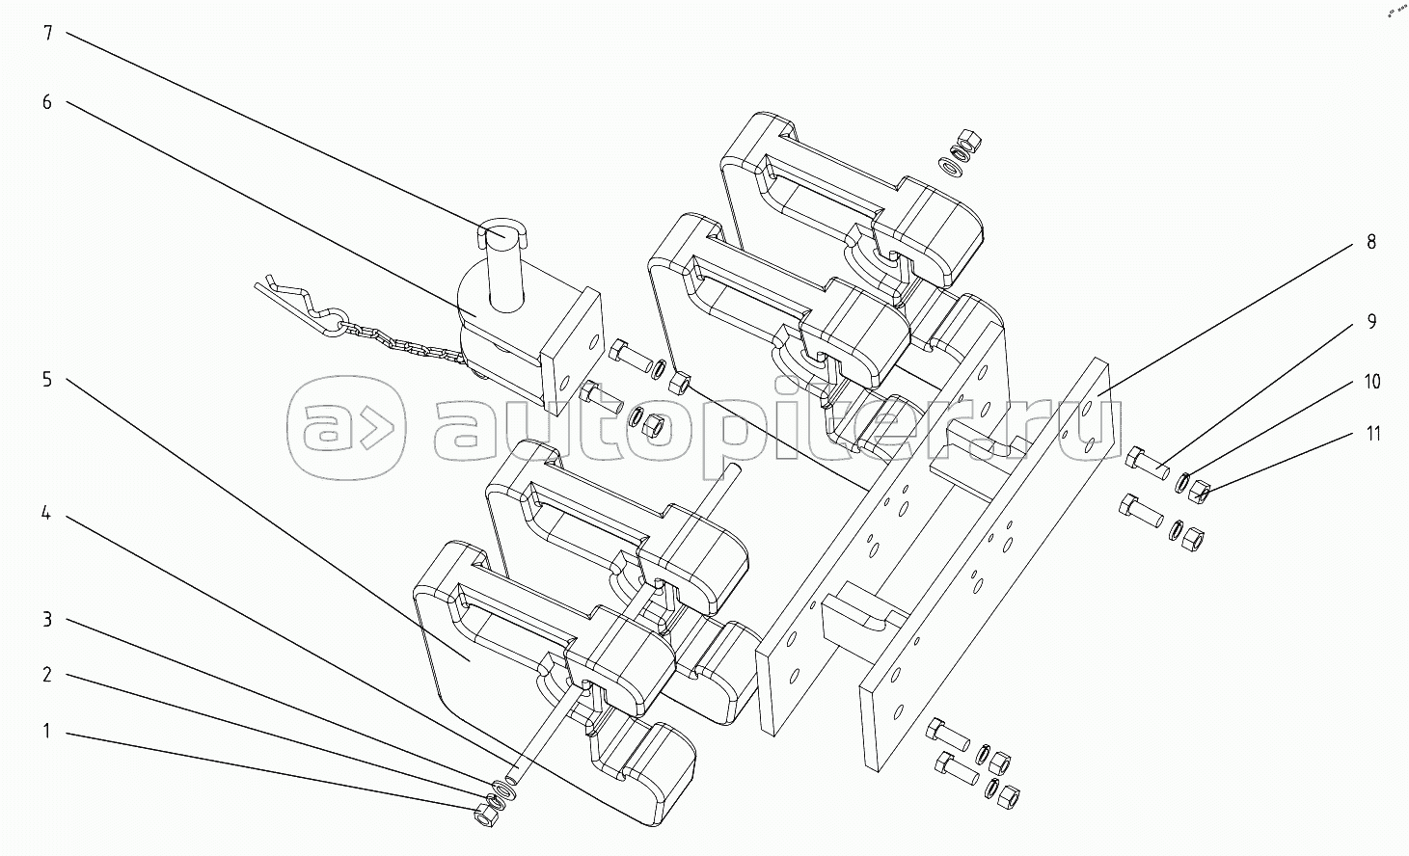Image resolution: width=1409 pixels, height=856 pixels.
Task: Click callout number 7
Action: coord(47,34)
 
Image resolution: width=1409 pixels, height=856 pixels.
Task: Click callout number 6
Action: coord(47,101)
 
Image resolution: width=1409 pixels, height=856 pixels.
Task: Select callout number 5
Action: coord(47,379)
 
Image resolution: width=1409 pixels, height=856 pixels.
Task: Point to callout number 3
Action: coord(47,619)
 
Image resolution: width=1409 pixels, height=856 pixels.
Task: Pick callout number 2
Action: coord(47,675)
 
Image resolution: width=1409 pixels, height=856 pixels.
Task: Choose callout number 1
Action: coord(47,732)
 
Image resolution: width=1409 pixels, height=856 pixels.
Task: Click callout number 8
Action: coord(1370,242)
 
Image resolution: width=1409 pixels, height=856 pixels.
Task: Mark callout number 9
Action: coord(1370,322)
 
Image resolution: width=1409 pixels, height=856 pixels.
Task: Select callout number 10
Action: coord(1371,382)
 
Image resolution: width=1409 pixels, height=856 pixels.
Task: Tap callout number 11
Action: coord(1371,434)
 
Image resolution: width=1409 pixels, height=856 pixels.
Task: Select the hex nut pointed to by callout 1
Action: coord(484,815)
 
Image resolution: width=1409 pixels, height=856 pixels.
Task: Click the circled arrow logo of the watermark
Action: coord(346,426)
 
